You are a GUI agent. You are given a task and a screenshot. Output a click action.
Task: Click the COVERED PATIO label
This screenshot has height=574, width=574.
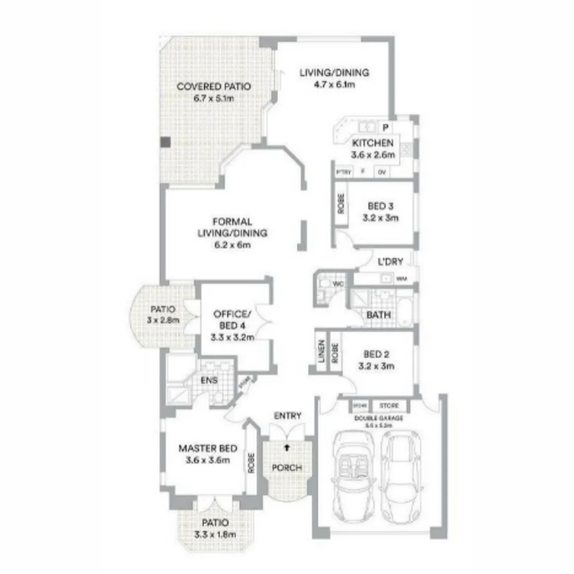tap(206, 87)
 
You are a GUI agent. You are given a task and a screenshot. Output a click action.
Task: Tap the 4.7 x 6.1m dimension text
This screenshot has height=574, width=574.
tap(334, 85)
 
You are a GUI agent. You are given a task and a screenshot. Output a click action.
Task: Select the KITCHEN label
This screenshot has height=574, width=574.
tap(373, 143)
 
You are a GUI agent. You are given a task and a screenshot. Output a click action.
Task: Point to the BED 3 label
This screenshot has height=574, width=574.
tap(380, 206)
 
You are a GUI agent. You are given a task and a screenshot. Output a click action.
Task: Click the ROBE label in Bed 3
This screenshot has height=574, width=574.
tap(341, 204)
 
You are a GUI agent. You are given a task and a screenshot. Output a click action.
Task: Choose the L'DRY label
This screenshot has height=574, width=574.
tap(390, 261)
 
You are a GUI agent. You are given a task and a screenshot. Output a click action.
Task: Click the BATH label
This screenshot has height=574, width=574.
tap(378, 315)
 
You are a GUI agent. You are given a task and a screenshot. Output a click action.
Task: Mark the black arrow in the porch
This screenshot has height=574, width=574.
tap(287, 448)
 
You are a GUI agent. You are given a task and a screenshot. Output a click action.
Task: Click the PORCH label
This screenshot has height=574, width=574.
tap(287, 468)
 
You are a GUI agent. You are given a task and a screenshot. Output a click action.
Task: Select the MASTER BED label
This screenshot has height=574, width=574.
tap(208, 448)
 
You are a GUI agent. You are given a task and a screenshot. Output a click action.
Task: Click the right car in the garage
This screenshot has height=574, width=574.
tap(402, 474)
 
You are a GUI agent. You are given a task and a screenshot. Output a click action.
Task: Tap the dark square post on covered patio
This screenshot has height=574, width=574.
tap(166, 142)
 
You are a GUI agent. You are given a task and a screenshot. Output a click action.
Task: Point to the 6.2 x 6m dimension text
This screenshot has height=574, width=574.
tap(232, 245)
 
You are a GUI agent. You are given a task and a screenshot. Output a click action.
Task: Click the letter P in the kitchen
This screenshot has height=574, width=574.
tap(386, 127)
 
